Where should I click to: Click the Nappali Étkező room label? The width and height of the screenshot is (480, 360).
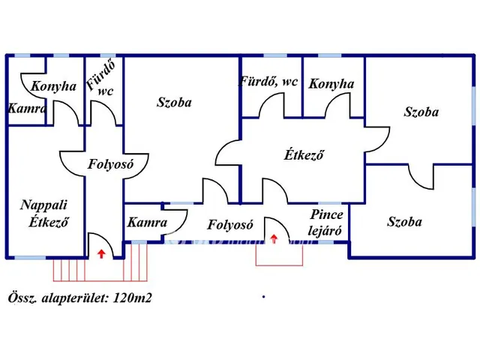tap(44, 213)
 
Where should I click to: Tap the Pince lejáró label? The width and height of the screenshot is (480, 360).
tap(325, 223)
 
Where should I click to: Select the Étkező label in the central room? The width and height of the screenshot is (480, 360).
tap(304, 155)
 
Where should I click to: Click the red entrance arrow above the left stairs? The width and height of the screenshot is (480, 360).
tap(101, 253)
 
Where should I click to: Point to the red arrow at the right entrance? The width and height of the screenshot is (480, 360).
tap(274, 238)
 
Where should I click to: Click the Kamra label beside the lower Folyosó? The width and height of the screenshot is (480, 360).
tap(147, 222)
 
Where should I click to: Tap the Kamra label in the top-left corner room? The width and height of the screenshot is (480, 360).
tap(27, 108)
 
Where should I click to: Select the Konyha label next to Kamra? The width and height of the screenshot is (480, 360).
tap(53, 86)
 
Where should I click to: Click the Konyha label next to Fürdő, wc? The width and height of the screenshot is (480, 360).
tap(331, 84)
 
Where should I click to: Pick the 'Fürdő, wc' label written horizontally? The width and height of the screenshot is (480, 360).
tap(268, 82)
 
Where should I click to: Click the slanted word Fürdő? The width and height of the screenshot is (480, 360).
tap(100, 76)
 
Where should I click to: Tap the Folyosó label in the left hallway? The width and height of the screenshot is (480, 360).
tap(110, 164)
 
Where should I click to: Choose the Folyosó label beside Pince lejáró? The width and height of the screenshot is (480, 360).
tap(230, 225)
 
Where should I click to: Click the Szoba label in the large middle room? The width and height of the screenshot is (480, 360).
tap(174, 102)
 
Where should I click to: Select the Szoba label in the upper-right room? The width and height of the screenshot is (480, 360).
tap(421, 112)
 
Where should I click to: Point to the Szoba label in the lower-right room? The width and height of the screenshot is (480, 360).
tap(404, 222)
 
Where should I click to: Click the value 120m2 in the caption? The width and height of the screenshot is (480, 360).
tap(132, 298)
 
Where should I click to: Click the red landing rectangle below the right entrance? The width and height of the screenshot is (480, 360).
tap(279, 265)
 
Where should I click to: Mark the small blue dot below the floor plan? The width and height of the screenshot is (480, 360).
tap(263, 296)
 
